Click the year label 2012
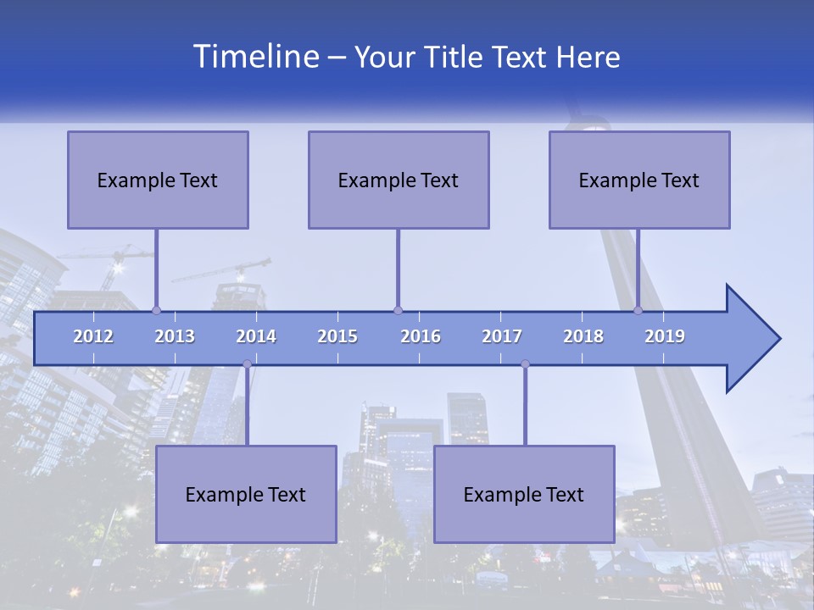point(93,336)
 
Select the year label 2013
point(175,336)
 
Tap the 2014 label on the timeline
point(256,336)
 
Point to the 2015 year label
point(337,336)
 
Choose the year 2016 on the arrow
point(421,336)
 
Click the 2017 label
point(502,336)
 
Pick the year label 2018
point(583,336)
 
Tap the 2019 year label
point(665,336)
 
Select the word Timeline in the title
point(254,57)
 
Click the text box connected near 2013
point(158,180)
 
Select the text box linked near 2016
point(399,180)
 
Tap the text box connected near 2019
point(639,180)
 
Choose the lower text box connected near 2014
point(246,494)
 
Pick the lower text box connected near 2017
point(524,494)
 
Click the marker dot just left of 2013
point(156,310)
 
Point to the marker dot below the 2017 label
point(525,363)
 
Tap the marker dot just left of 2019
point(638,310)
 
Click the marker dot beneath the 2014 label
point(247,363)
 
